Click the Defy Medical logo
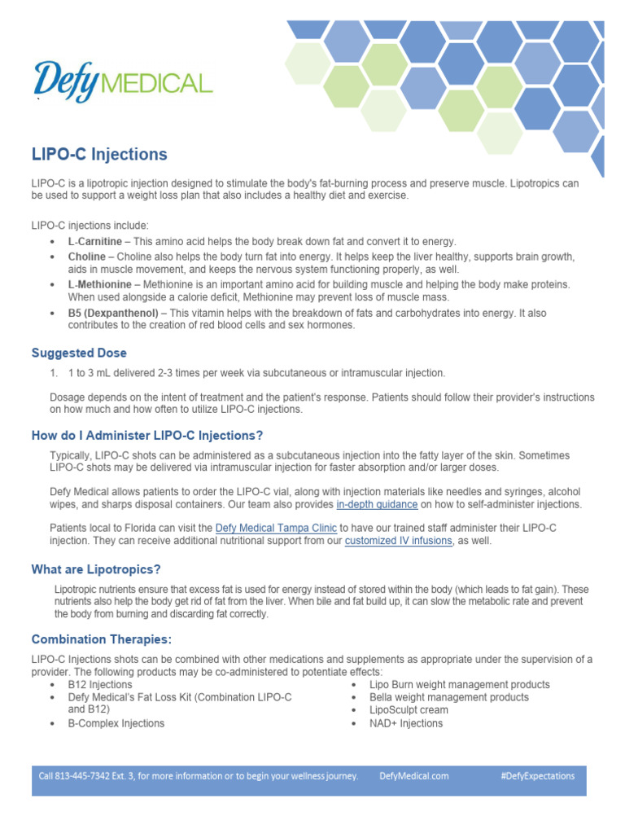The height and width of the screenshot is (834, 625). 122,81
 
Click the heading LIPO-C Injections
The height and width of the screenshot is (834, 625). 99,154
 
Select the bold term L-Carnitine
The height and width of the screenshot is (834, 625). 95,242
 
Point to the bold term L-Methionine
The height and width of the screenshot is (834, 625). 99,283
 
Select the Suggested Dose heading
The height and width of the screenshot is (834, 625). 79,353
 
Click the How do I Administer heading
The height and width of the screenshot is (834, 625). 147,436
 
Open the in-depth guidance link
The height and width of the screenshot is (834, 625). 377,505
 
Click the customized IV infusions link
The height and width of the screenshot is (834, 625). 398,541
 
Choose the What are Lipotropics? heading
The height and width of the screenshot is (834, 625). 102,569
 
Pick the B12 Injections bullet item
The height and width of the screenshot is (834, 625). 100,685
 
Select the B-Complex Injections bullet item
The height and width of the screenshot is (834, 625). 116,723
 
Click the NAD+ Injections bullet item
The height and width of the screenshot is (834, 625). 406,723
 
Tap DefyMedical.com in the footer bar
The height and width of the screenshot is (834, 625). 414,776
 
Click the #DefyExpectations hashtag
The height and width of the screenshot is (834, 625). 538,776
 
